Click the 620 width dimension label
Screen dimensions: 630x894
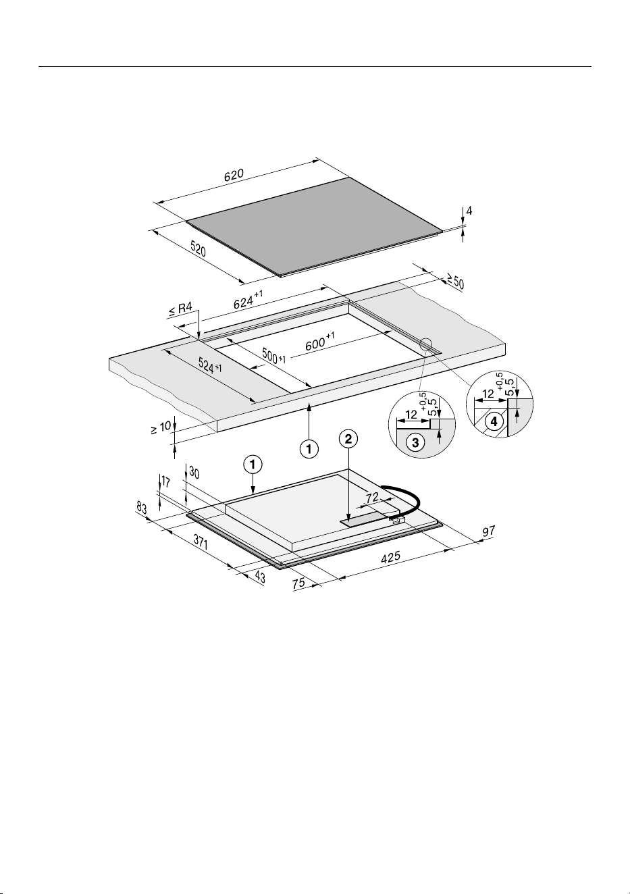point(234,175)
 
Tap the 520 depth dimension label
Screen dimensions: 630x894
point(199,249)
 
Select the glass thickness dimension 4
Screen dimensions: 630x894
point(469,211)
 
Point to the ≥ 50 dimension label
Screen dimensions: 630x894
point(455,281)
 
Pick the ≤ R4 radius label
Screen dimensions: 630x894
point(180,310)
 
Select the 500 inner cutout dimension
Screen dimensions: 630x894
point(274,355)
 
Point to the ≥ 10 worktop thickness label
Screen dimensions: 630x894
point(161,428)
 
